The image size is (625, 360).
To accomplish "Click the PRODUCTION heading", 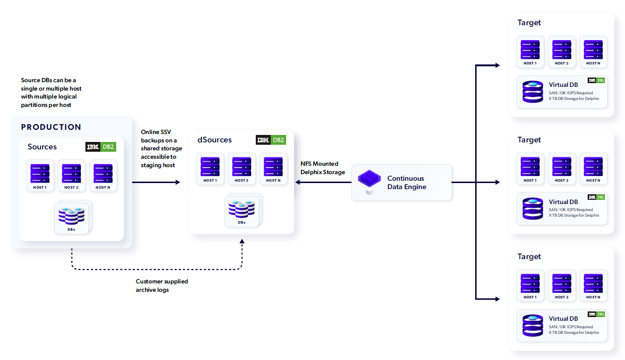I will click(51, 127).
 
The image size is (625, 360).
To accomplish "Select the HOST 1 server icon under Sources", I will click(40, 173).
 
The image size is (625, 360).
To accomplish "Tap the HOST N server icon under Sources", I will click(103, 173).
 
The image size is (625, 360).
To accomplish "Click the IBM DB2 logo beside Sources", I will click(101, 147).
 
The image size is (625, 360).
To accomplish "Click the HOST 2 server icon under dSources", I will click(241, 167).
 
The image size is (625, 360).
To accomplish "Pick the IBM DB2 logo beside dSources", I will click(271, 140).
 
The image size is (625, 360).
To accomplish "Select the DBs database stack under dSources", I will click(241, 209).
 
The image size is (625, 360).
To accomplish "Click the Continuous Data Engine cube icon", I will click(369, 179).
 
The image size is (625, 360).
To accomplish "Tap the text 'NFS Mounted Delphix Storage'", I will click(323, 168).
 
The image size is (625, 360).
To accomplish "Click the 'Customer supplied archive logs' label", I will click(162, 286).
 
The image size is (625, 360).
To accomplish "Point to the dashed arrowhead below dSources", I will click(242, 241).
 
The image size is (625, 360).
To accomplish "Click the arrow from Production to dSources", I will click(156, 182).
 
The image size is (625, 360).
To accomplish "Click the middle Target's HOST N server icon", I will click(593, 167).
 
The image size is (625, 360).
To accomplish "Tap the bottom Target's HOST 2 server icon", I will click(562, 283).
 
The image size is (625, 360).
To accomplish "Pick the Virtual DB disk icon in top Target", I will click(533, 92).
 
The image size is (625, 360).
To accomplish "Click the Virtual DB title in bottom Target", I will click(563, 318).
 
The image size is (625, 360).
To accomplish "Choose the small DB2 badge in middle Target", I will click(596, 197).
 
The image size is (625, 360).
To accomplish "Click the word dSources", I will click(215, 140).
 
